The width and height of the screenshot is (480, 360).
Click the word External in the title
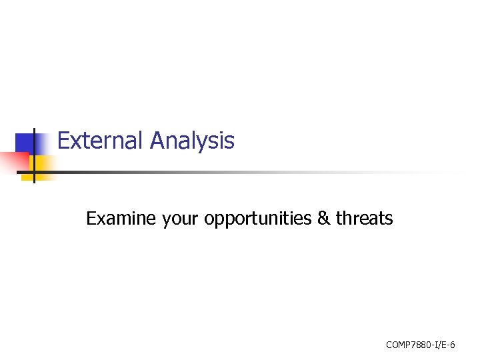101,141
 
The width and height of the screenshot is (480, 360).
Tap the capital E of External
64,141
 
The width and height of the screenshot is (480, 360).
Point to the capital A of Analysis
158,141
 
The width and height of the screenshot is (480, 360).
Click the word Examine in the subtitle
121,219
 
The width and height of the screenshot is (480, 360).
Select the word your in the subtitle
181,220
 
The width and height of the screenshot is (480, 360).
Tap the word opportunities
258,219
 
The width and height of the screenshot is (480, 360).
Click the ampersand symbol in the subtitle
324,219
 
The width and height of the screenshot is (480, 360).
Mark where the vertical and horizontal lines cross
33,172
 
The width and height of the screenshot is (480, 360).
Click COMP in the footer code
398,345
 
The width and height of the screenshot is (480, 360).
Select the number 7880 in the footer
421,345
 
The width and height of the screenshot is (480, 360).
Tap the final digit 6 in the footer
453,345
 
